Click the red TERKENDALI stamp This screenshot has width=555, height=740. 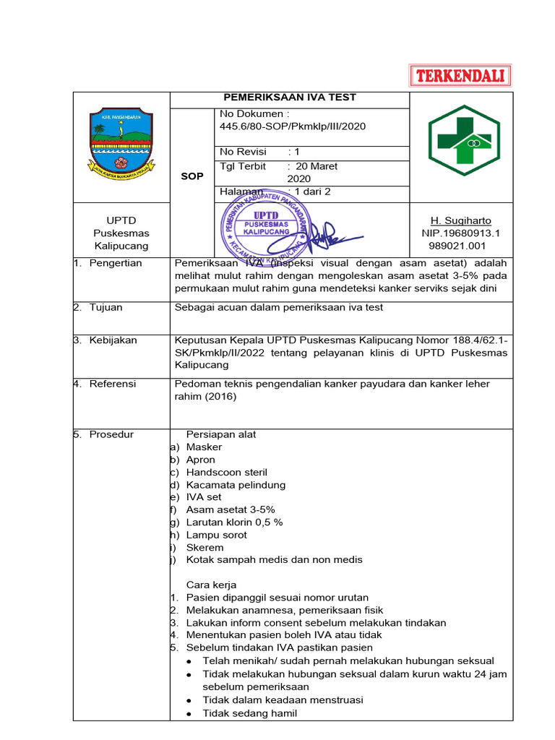click(461, 76)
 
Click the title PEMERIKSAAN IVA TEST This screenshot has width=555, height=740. click(289, 98)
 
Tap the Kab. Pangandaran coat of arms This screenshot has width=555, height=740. click(121, 145)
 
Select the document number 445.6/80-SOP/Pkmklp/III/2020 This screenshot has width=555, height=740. click(292, 126)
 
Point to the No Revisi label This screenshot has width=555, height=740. click(241, 152)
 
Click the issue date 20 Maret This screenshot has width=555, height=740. click(317, 165)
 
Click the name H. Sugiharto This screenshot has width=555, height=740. click(460, 220)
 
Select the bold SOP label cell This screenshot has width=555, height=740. click(192, 176)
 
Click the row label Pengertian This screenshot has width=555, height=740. click(116, 263)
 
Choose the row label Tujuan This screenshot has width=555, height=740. click(106, 307)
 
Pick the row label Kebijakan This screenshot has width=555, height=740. click(113, 340)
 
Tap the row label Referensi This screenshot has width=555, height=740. click(112, 384)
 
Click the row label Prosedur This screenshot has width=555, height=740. click(111, 434)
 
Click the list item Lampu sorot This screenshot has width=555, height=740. click(216, 535)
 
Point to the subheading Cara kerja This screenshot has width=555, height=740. click(211, 585)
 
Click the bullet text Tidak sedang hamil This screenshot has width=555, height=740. click(249, 713)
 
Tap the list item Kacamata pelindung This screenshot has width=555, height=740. click(236, 485)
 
